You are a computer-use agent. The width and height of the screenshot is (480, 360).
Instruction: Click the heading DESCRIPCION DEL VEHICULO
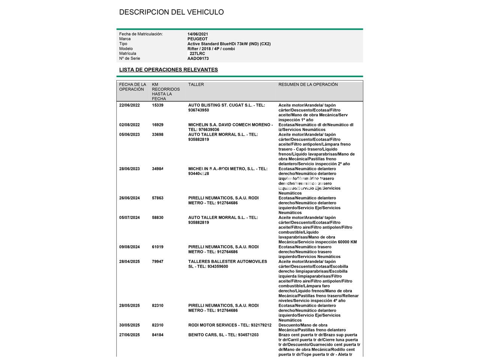[171, 12]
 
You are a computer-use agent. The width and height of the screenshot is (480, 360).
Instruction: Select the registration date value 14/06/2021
[198, 34]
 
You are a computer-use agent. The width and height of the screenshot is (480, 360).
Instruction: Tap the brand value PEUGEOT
[197, 39]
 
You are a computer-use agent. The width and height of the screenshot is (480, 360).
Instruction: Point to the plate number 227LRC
[197, 54]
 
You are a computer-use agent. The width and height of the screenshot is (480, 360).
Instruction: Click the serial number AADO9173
[198, 58]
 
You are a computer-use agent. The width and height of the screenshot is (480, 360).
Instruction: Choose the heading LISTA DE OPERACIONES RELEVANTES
[168, 70]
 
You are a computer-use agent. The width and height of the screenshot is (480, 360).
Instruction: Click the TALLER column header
[196, 85]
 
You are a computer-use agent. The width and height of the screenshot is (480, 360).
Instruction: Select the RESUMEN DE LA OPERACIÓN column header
[308, 85]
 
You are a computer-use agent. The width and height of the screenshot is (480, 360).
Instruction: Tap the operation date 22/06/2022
[129, 105]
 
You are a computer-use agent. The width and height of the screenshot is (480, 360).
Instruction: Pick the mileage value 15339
[157, 105]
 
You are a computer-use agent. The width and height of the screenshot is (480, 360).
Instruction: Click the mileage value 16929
[157, 125]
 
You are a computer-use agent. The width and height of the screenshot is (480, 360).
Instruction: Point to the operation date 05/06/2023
[129, 135]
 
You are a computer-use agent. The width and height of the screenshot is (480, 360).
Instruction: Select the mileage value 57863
[157, 198]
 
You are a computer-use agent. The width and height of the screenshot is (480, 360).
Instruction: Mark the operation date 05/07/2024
[129, 217]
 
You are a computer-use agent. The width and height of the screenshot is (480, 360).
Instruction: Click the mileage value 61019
[157, 247]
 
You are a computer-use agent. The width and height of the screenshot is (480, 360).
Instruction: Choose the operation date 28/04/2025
[129, 262]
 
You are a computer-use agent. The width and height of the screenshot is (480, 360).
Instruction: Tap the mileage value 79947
[157, 262]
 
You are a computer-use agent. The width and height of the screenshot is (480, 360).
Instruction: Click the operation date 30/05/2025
[129, 325]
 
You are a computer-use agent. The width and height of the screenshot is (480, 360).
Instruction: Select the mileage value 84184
[157, 335]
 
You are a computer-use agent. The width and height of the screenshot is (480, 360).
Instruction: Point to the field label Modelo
[126, 49]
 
